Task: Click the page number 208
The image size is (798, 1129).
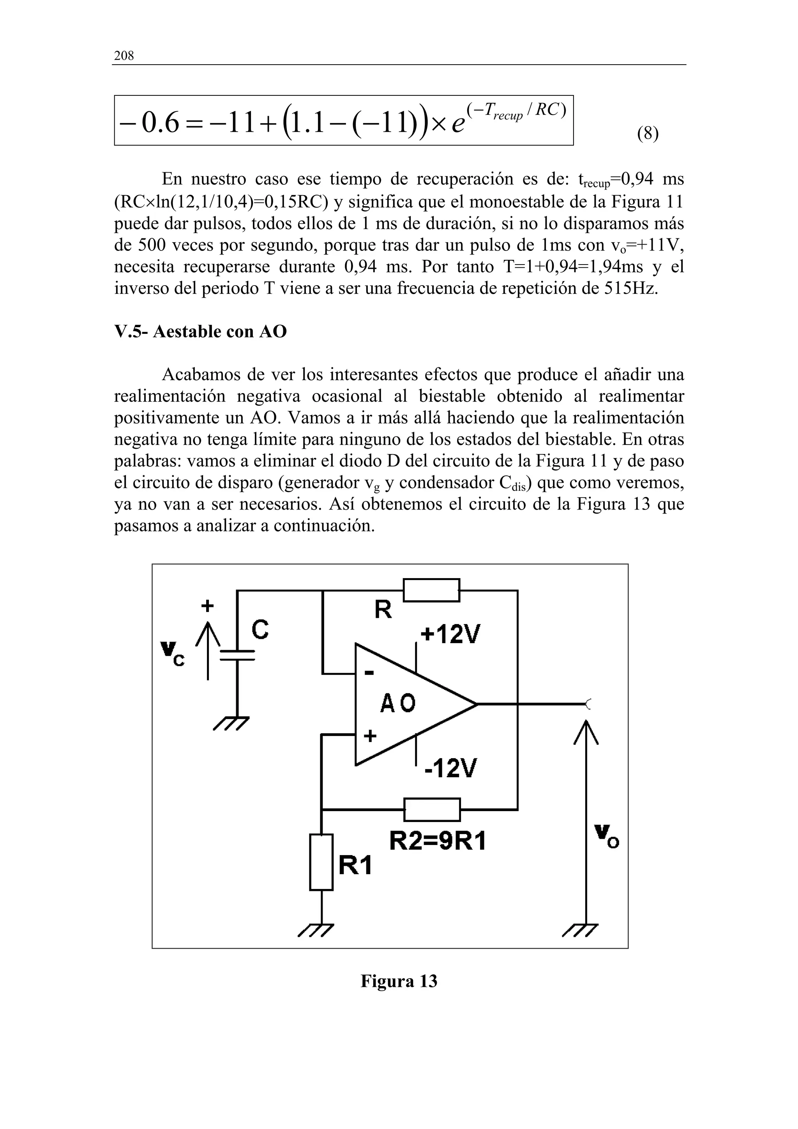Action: [x=124, y=56]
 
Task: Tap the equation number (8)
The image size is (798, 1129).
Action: [x=648, y=133]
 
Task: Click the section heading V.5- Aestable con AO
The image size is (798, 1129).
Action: [x=200, y=332]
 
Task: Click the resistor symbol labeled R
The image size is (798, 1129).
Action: [x=431, y=590]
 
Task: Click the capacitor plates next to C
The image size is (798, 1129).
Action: [x=237, y=656]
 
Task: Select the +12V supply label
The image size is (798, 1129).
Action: [x=450, y=635]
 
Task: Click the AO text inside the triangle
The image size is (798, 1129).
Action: [x=398, y=704]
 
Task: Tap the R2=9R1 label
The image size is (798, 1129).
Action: [x=438, y=842]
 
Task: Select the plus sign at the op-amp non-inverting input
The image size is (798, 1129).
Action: [x=370, y=736]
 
